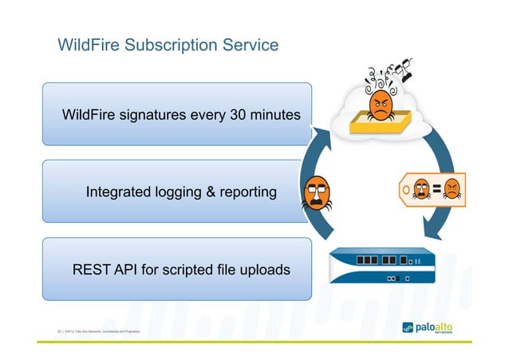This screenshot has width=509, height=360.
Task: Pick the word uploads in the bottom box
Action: tap(264, 270)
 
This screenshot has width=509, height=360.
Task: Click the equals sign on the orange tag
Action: tap(436, 188)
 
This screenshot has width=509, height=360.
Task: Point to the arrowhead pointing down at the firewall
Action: tap(431, 232)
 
